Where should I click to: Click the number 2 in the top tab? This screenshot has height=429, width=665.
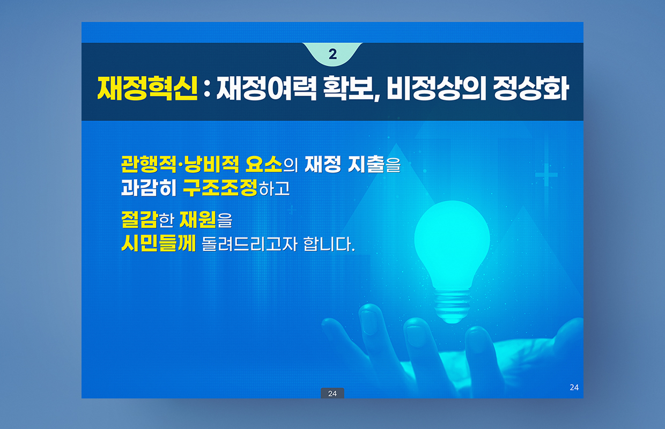click(x=332, y=54)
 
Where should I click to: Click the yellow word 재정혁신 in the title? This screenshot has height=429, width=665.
click(x=147, y=88)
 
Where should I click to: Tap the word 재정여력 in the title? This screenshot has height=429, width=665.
click(x=267, y=88)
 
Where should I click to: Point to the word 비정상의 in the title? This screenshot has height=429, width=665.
click(x=437, y=88)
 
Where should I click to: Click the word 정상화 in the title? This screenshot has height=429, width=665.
click(x=531, y=88)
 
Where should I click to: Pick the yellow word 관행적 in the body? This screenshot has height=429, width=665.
click(x=149, y=164)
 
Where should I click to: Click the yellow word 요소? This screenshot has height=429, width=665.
click(x=264, y=164)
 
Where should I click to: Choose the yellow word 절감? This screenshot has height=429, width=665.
click(x=139, y=219)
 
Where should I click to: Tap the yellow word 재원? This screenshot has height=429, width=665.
click(x=198, y=219)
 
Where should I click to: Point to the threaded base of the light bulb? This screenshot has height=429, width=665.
click(x=452, y=306)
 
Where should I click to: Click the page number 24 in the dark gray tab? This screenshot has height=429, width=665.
click(x=332, y=394)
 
